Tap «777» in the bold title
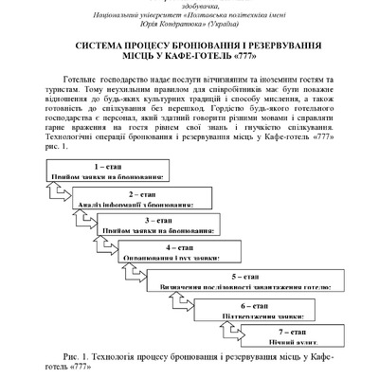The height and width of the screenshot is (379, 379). (x=260, y=57)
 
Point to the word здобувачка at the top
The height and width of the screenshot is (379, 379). (x=189, y=4)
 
